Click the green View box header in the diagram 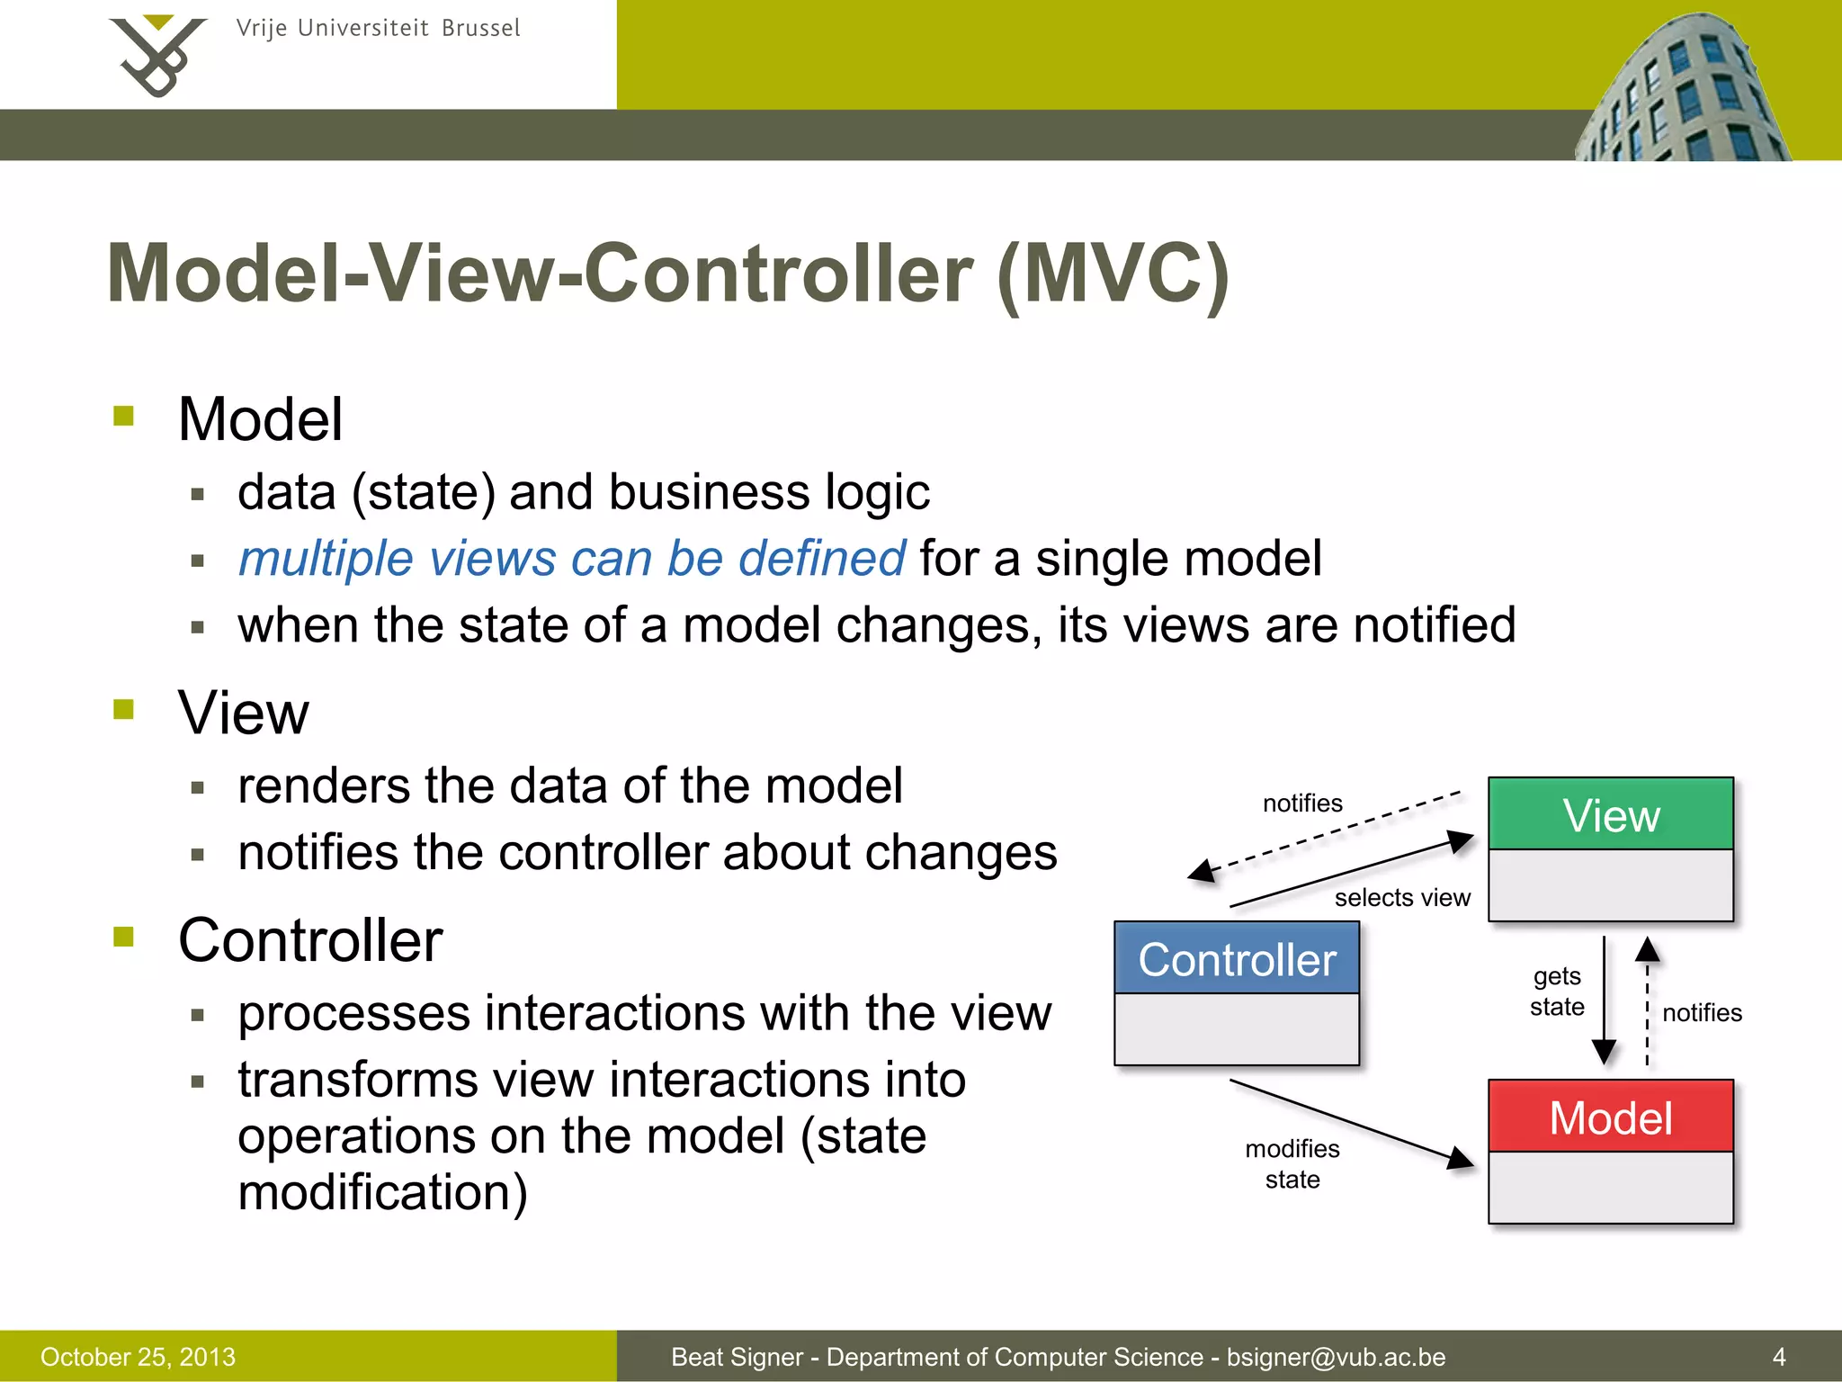pyautogui.click(x=1610, y=814)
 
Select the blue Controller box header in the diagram pyautogui.click(x=1237, y=958)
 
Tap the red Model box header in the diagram pyautogui.click(x=1610, y=1117)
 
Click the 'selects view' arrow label pyautogui.click(x=1401, y=897)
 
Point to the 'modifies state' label pyautogui.click(x=1292, y=1163)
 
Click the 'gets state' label pyautogui.click(x=1557, y=991)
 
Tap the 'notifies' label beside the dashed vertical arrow pyautogui.click(x=1702, y=1012)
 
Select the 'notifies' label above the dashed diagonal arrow pyautogui.click(x=1301, y=803)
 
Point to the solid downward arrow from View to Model pyautogui.click(x=1604, y=999)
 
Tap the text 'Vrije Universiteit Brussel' pyautogui.click(x=378, y=28)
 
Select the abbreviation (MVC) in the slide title pyautogui.click(x=1113, y=274)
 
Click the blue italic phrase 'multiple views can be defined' pyautogui.click(x=571, y=558)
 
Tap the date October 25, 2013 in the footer pyautogui.click(x=138, y=1356)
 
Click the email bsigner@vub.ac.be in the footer pyautogui.click(x=1336, y=1356)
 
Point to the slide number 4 pyautogui.click(x=1778, y=1356)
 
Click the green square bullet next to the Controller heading pyautogui.click(x=124, y=937)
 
